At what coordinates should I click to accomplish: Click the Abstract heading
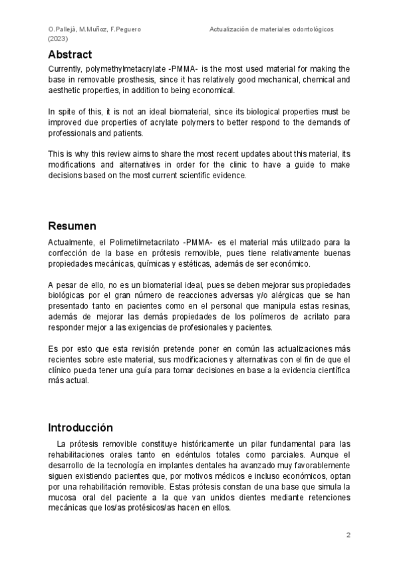(70, 55)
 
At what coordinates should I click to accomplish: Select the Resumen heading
(72, 226)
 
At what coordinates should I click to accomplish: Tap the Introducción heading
(80, 427)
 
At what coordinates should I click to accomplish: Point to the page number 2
(348, 535)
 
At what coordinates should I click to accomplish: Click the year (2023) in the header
(59, 39)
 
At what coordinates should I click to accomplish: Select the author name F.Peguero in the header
(125, 30)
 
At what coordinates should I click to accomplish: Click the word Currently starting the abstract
(65, 69)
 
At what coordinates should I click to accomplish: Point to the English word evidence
(229, 176)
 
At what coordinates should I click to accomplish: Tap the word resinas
(334, 307)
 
